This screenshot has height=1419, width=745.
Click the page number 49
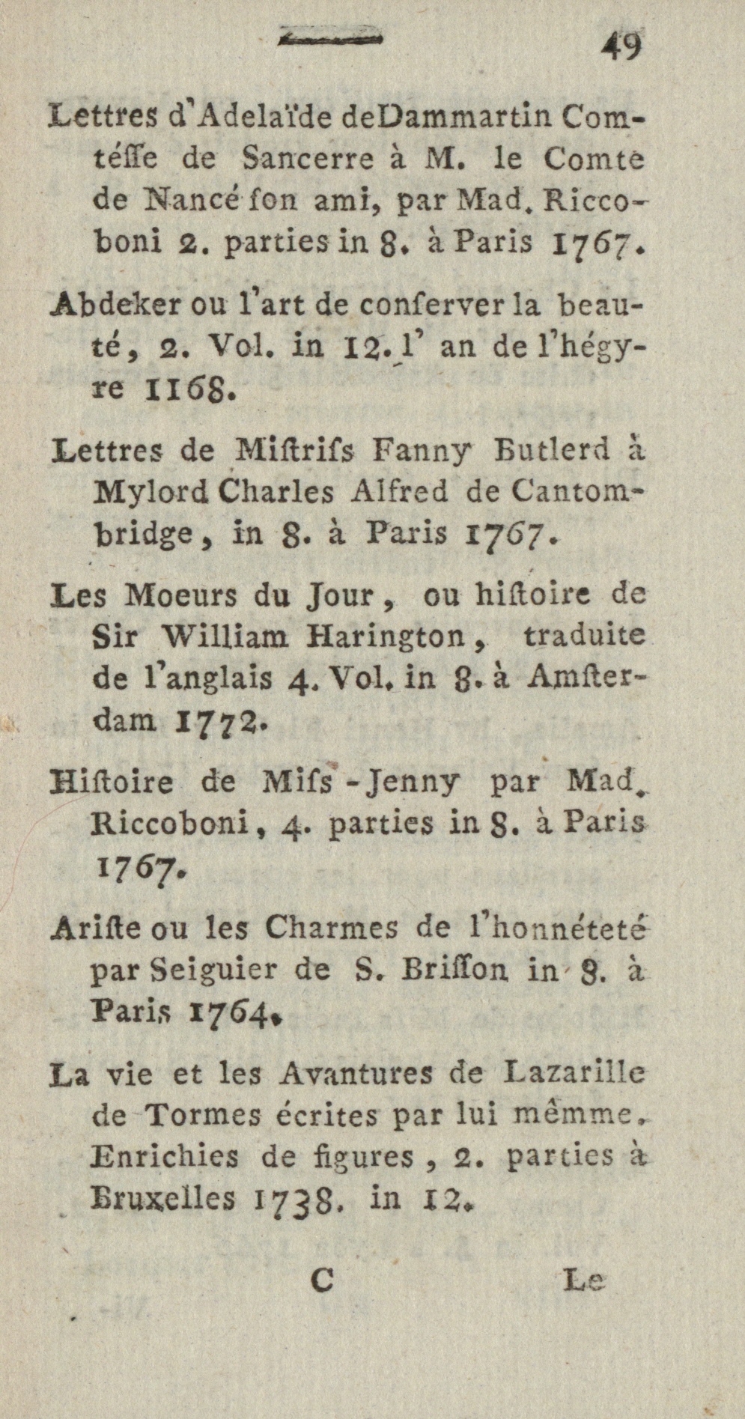621,47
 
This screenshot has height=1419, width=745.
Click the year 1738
299,1200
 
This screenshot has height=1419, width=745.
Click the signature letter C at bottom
321,1280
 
